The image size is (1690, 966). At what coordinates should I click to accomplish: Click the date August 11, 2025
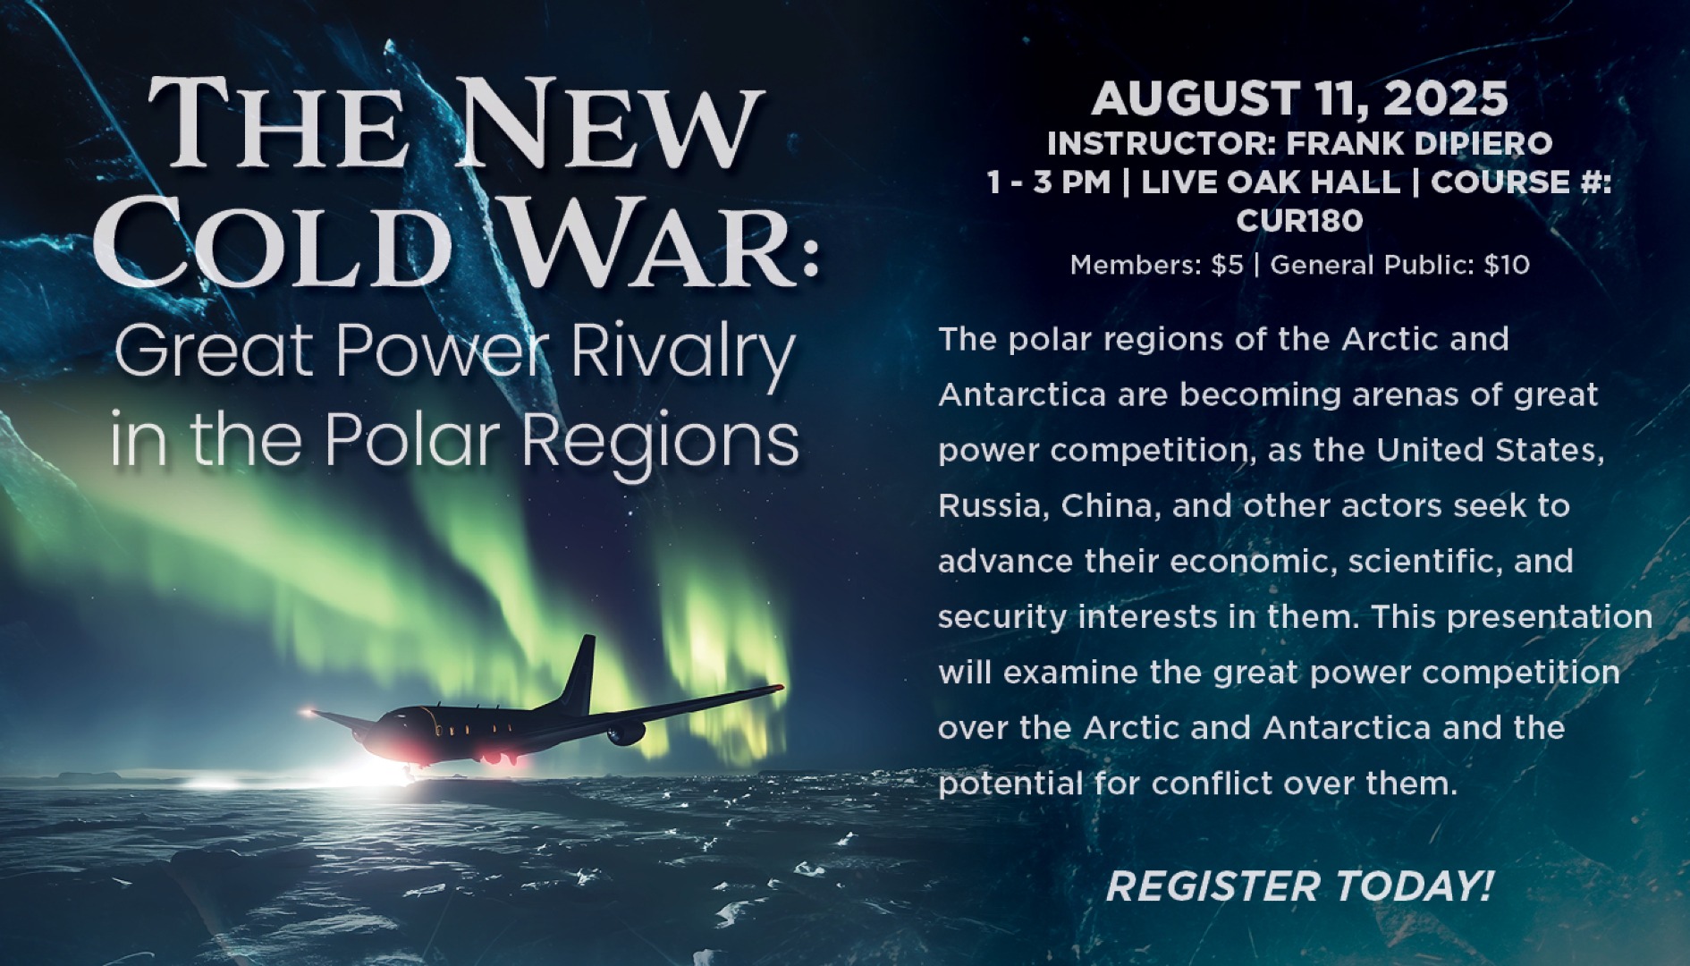[1299, 99]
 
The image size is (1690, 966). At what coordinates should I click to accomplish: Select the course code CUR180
[1299, 220]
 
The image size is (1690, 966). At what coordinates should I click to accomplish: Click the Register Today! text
[1299, 886]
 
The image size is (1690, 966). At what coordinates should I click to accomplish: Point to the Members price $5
[1228, 266]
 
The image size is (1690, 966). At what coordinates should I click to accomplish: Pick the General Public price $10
[1507, 266]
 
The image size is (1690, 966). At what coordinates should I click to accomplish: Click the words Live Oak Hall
[1271, 182]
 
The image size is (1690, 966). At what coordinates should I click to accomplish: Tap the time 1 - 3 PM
[1048, 182]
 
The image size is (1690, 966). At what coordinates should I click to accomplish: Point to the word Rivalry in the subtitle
[682, 353]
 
